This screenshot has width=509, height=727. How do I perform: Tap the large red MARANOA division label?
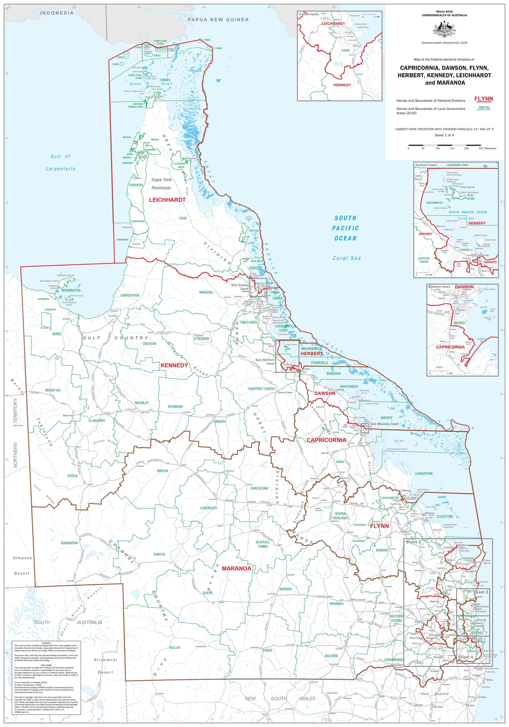click(236, 568)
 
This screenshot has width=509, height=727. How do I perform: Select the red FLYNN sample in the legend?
click(484, 99)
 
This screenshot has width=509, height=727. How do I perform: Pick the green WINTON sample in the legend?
click(484, 108)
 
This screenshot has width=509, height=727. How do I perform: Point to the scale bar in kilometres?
click(444, 144)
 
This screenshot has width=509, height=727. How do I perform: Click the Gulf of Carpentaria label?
click(60, 162)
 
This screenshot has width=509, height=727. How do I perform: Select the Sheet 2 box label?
click(414, 542)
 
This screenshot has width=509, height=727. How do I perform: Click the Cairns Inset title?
click(309, 14)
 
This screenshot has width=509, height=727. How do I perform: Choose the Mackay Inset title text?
click(439, 287)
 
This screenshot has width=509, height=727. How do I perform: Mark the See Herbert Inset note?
click(264, 362)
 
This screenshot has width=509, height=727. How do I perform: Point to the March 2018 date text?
click(444, 10)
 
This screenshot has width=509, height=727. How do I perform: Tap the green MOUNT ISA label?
click(53, 390)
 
